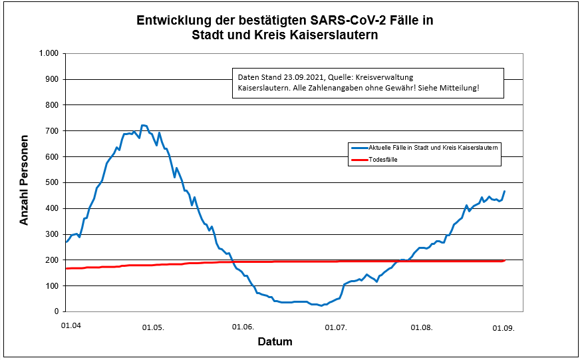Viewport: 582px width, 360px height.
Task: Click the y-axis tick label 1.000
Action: (x=49, y=53)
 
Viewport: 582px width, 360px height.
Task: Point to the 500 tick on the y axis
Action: (x=53, y=182)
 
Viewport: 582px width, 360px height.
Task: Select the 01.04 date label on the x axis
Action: (x=71, y=325)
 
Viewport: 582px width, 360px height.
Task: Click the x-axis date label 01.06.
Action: (x=243, y=327)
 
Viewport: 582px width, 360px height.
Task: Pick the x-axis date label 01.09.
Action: (x=504, y=327)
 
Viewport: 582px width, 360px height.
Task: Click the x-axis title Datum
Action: (x=275, y=342)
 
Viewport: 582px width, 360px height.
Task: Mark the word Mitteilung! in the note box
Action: (x=459, y=88)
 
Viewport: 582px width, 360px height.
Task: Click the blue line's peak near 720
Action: (x=142, y=125)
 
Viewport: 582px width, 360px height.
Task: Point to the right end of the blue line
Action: (x=504, y=192)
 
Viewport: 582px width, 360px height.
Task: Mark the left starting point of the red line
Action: (x=66, y=268)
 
